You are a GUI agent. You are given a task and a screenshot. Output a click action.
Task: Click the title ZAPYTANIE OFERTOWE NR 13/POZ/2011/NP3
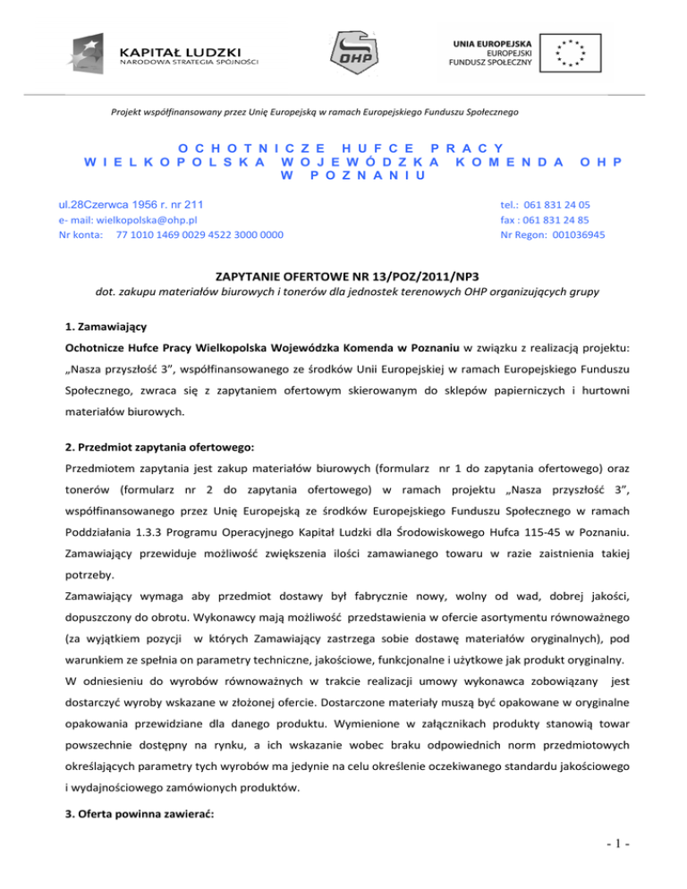click(x=343, y=279)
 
